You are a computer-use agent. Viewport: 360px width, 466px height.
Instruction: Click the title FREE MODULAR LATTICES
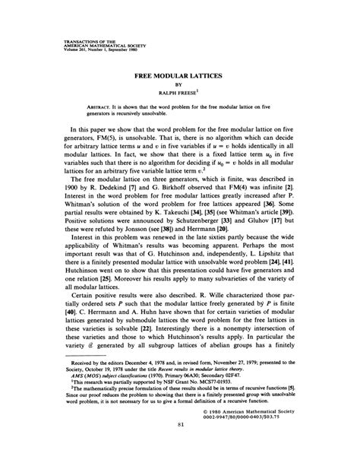point(180,77)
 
